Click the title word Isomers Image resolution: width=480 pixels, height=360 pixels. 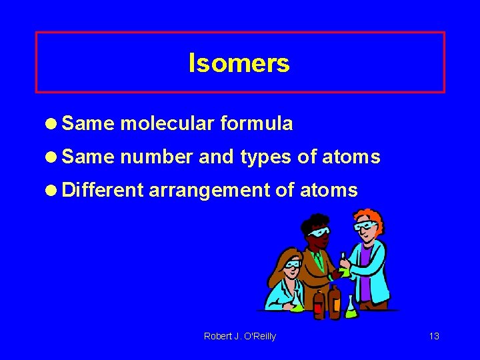(239, 63)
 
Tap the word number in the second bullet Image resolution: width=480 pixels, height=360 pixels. (157, 157)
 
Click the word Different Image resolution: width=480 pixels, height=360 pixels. (103, 191)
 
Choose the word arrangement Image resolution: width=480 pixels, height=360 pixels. (209, 191)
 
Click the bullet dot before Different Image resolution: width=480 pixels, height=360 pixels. (52, 191)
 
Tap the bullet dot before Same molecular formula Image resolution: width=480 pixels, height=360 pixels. (52, 124)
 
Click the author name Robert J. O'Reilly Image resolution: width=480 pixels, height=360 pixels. (239, 336)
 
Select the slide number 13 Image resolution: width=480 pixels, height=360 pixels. (434, 336)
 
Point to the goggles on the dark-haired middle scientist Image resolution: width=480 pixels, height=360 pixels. (319, 233)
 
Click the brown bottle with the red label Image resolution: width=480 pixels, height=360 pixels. (320, 303)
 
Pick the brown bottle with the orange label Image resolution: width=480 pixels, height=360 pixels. (334, 300)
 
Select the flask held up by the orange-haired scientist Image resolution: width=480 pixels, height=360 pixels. (344, 267)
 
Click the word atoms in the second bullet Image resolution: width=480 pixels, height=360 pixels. (351, 157)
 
